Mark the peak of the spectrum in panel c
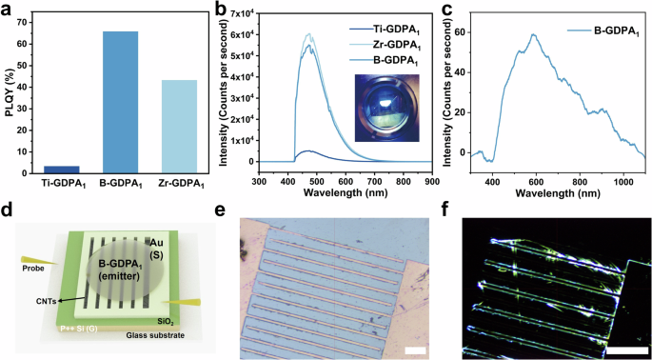tap(562, 35)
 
